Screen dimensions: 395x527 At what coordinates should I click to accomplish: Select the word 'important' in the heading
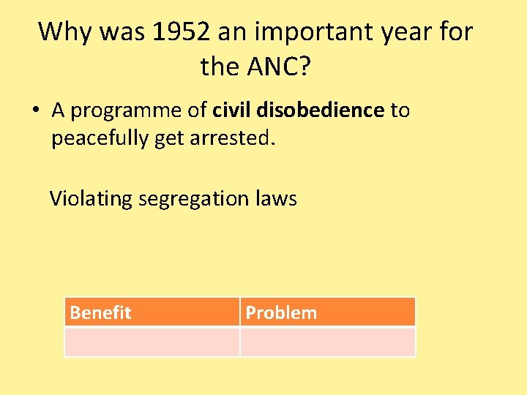(307, 32)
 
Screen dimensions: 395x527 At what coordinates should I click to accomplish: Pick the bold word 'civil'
(231, 110)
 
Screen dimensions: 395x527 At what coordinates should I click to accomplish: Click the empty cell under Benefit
(152, 342)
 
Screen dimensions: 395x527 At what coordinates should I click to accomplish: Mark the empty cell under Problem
(327, 342)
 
